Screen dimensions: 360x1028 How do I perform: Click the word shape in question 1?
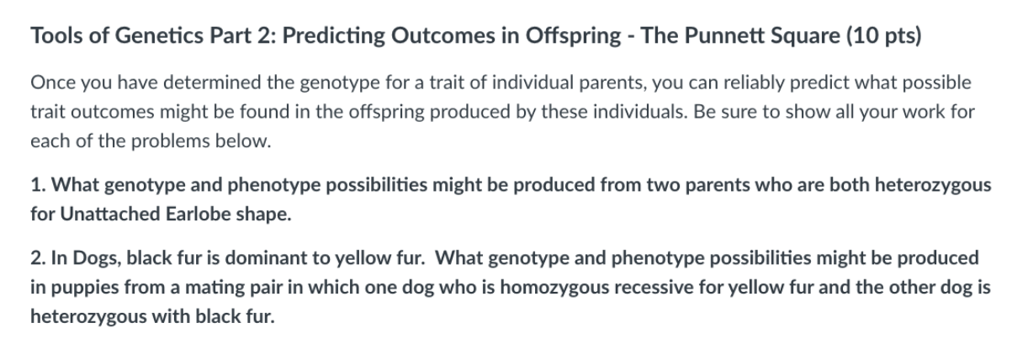(x=264, y=214)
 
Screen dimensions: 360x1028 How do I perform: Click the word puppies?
(x=78, y=288)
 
